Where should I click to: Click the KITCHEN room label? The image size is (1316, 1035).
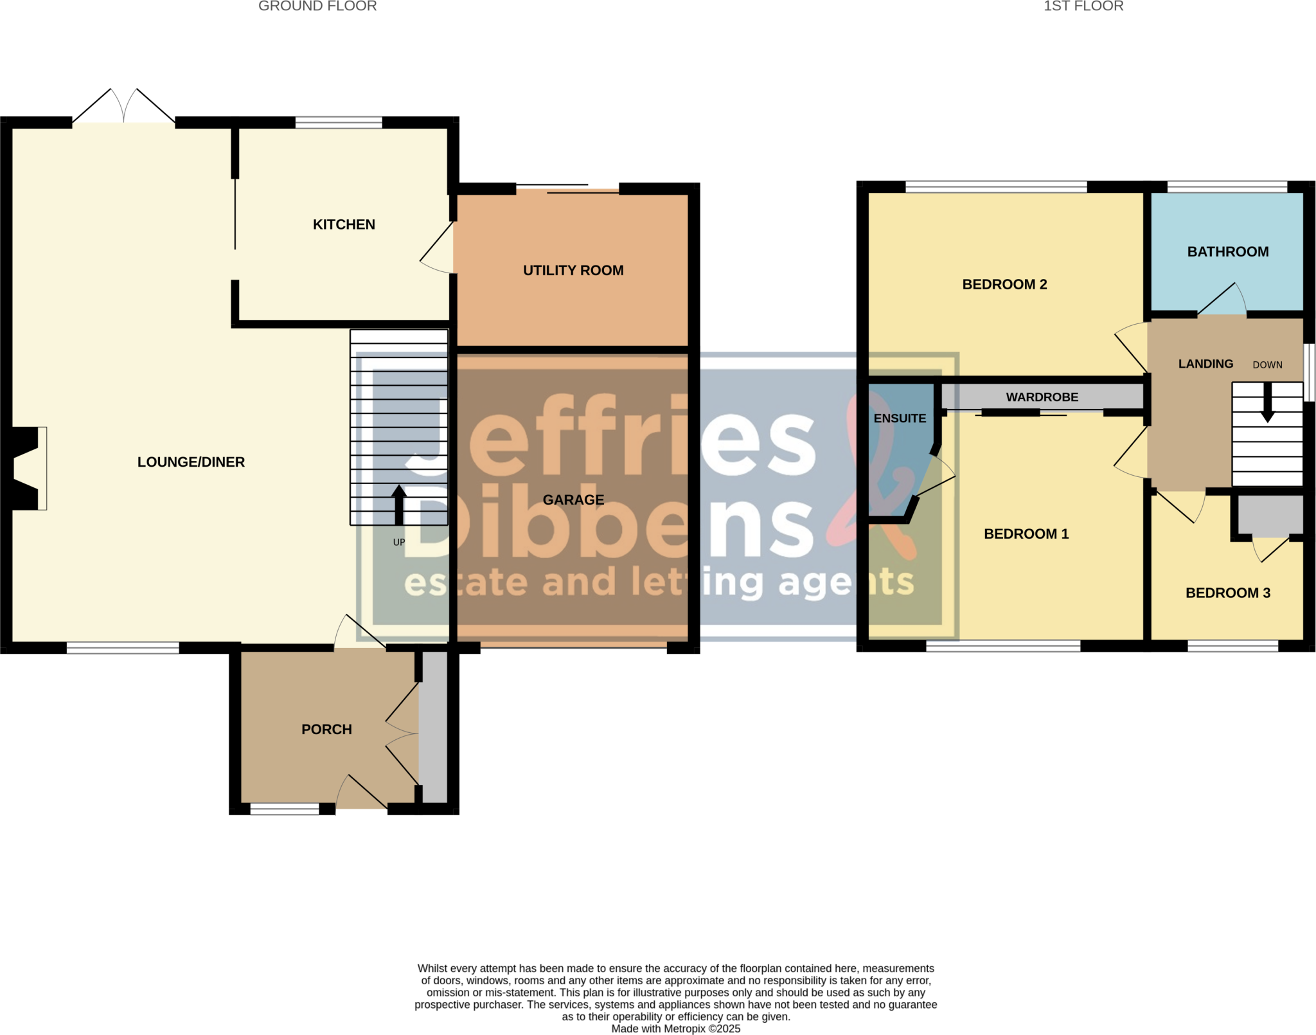(344, 224)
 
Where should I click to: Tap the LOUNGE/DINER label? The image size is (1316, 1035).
(191, 462)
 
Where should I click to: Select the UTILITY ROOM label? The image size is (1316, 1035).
(573, 270)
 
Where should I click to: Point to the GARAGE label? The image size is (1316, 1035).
(573, 500)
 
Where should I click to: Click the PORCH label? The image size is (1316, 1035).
(326, 729)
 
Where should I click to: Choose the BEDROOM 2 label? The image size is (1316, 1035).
(1004, 284)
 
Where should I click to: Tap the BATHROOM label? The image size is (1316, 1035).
(1227, 251)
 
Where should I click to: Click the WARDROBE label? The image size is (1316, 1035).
(1042, 397)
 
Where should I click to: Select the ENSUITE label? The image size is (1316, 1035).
(900, 419)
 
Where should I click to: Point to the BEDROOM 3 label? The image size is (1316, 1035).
(1227, 593)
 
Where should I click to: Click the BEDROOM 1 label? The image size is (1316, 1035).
(1026, 534)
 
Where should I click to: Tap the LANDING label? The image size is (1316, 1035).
(1205, 364)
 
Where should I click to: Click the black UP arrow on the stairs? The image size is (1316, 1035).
(399, 505)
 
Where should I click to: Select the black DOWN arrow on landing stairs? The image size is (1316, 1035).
(1267, 404)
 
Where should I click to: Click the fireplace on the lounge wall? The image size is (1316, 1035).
(26, 468)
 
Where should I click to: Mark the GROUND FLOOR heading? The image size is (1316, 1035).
(317, 6)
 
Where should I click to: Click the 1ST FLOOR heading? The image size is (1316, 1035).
(1083, 6)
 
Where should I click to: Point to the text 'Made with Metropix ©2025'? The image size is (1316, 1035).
(675, 1029)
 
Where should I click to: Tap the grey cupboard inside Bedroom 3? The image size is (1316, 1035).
(1270, 515)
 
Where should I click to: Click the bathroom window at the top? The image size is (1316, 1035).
(1227, 187)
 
